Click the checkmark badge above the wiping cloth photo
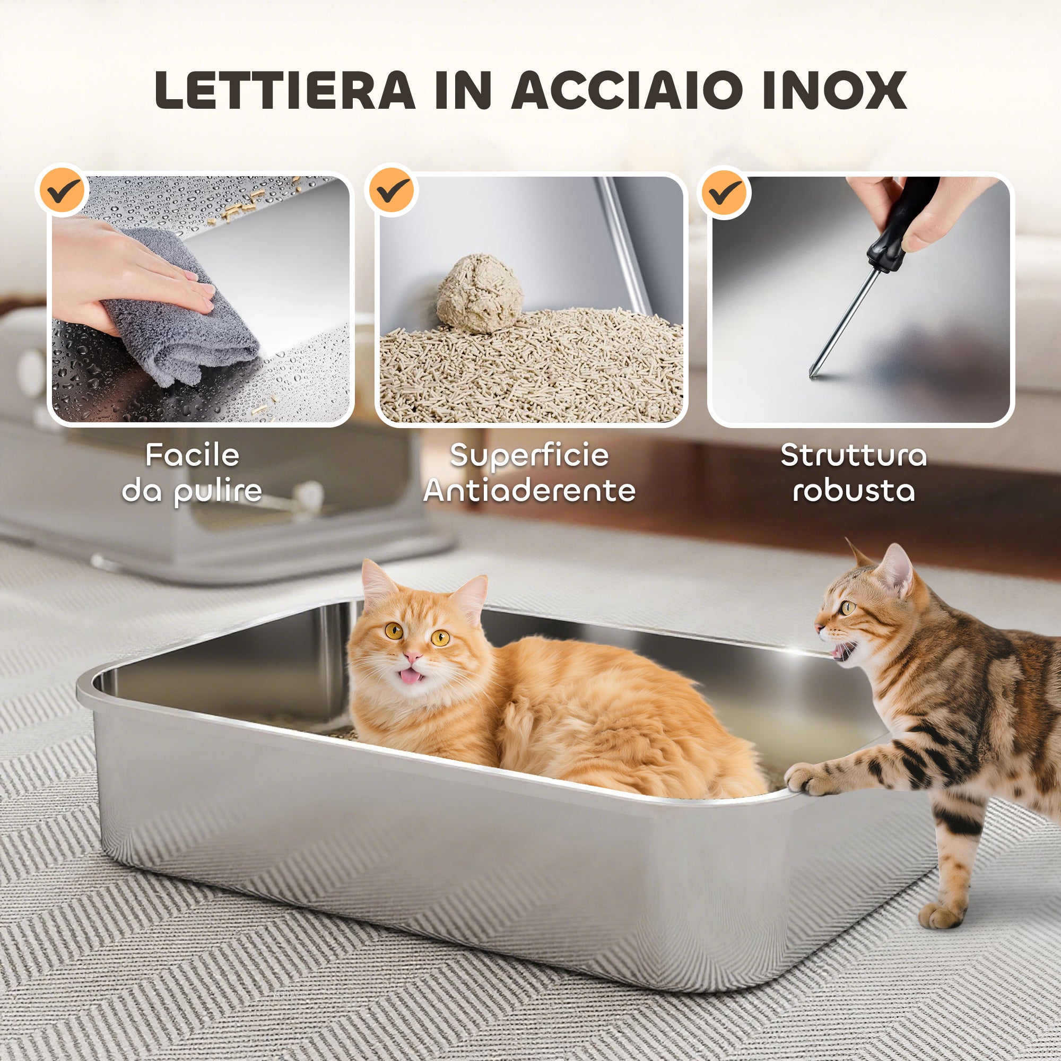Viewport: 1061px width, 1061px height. pos(62,190)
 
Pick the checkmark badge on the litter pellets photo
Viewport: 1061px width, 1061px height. pos(391,190)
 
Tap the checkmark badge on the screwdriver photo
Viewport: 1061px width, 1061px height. pos(724,192)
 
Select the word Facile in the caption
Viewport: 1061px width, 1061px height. pos(192,455)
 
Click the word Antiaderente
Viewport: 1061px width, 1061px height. pos(529,490)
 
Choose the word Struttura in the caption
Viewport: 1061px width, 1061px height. pos(854,455)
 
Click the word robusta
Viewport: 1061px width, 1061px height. pos(854,490)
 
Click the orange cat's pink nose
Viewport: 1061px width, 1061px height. pos(412,656)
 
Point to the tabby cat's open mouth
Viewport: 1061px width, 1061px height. pos(841,653)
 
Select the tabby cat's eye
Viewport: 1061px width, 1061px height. pos(848,607)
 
